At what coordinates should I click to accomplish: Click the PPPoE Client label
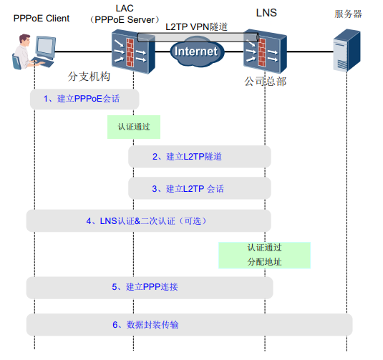[42, 18]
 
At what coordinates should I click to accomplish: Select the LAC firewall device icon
[131, 52]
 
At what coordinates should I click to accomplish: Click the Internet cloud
[195, 52]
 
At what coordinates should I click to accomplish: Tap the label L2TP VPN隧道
[197, 26]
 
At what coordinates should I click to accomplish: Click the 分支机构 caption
[89, 77]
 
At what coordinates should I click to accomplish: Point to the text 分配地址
[263, 262]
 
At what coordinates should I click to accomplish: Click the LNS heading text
[266, 12]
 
